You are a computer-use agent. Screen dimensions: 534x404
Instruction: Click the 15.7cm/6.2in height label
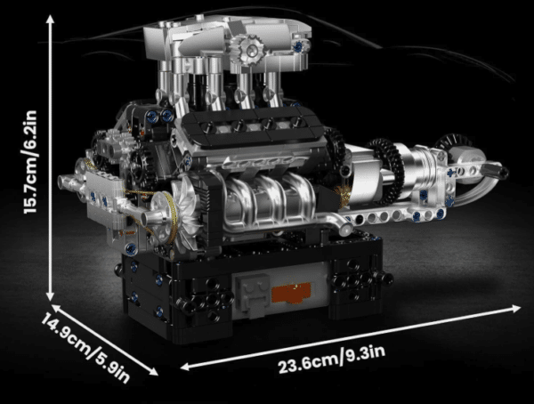point(30,162)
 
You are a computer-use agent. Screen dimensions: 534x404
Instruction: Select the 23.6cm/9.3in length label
point(332,359)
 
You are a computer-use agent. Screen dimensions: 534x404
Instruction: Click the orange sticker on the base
point(292,293)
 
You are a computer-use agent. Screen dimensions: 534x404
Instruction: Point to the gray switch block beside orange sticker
point(251,295)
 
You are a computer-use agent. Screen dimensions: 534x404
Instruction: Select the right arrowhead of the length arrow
point(515,308)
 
